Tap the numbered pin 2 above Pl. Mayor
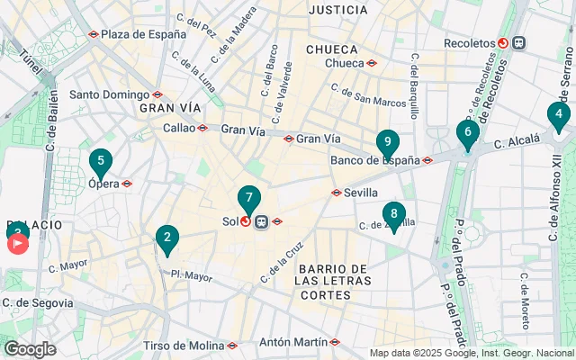click(166, 238)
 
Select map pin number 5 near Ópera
click(101, 164)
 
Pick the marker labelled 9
click(387, 142)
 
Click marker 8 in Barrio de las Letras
click(392, 214)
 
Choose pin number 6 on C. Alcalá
click(466, 133)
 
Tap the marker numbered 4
click(559, 115)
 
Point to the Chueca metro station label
click(344, 63)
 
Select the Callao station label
click(179, 128)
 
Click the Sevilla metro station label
click(360, 193)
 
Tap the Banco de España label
click(375, 161)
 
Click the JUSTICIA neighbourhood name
click(337, 10)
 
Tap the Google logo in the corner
click(30, 349)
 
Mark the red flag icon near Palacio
click(17, 245)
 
